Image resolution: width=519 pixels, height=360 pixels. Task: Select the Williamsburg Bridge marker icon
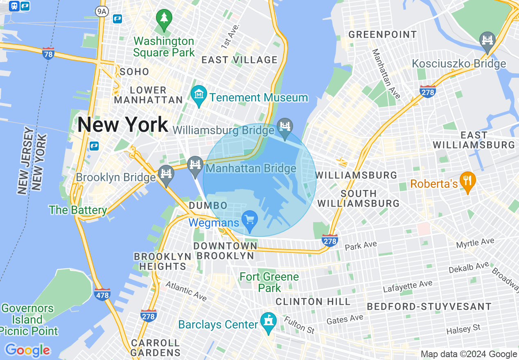click(284, 128)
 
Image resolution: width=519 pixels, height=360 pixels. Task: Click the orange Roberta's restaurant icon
click(467, 181)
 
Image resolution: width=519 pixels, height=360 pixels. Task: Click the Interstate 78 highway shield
click(48, 54)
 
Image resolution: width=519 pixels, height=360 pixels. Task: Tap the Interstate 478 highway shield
click(102, 294)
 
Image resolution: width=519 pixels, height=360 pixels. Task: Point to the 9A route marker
click(102, 11)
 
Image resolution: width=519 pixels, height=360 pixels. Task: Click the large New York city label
click(123, 124)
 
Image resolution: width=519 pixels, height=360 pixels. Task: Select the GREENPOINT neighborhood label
click(383, 35)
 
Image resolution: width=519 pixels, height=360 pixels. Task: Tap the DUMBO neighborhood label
click(208, 205)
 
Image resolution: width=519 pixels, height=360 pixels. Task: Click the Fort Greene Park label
click(269, 282)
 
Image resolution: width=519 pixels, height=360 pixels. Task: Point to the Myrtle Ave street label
click(475, 243)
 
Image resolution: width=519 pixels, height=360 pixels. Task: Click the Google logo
click(27, 350)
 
